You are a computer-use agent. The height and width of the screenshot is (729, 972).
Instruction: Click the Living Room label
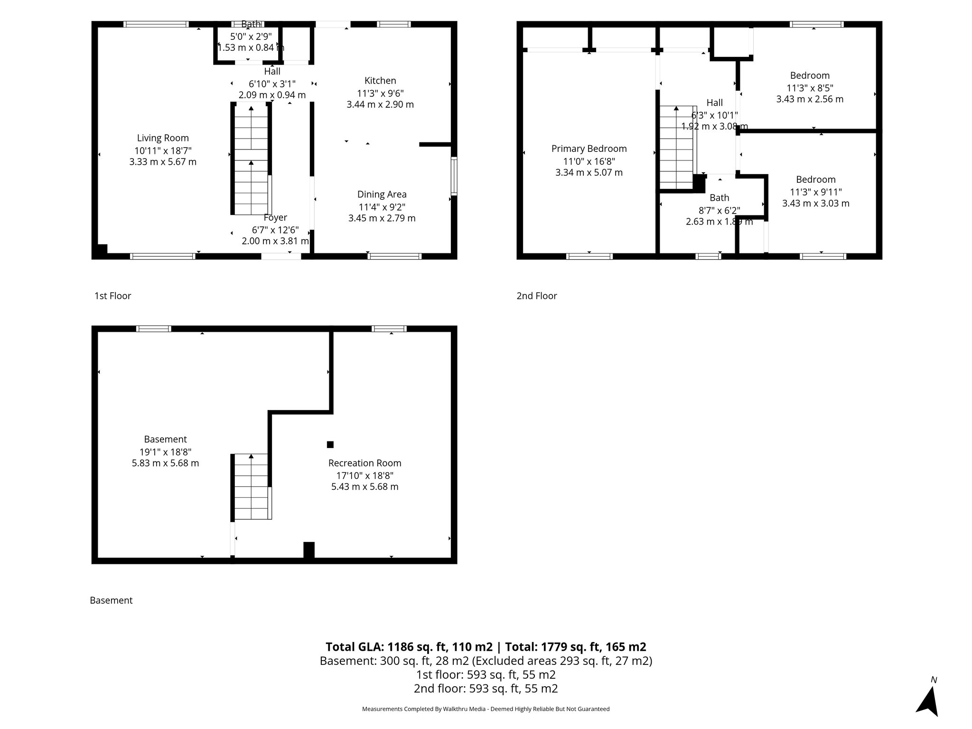(x=163, y=138)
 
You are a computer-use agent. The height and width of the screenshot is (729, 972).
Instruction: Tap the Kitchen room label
(x=380, y=81)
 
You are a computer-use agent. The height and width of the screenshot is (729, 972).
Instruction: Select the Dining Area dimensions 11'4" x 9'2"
(x=382, y=207)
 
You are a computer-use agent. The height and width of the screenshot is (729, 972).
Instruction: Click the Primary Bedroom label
(x=589, y=149)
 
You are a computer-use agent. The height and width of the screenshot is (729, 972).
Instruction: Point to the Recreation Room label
(x=364, y=463)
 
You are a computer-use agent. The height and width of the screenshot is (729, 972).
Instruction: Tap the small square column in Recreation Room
(x=330, y=445)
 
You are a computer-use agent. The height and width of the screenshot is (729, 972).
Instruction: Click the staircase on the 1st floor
(x=251, y=159)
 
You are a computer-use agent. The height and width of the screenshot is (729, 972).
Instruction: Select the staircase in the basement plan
(x=251, y=486)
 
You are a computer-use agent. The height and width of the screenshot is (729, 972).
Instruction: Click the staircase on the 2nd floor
(x=676, y=147)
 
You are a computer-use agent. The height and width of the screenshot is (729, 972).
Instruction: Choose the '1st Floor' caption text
(x=112, y=296)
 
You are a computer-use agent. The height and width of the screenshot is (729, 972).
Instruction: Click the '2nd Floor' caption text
(x=537, y=296)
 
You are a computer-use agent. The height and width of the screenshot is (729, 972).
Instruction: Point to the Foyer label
(x=275, y=217)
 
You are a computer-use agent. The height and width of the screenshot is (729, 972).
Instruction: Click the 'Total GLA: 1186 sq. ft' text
(x=409, y=647)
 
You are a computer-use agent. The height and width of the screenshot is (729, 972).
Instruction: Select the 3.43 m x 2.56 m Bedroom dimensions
(x=810, y=99)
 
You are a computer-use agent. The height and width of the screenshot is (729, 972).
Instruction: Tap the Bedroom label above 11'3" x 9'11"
(x=815, y=179)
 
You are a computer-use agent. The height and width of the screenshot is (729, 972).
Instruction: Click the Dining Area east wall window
(x=454, y=176)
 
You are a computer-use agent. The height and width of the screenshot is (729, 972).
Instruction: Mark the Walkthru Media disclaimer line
(x=486, y=709)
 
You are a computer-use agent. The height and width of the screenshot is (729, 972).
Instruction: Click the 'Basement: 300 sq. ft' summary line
(x=486, y=661)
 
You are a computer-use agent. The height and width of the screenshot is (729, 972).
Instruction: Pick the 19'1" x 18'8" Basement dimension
(x=165, y=452)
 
